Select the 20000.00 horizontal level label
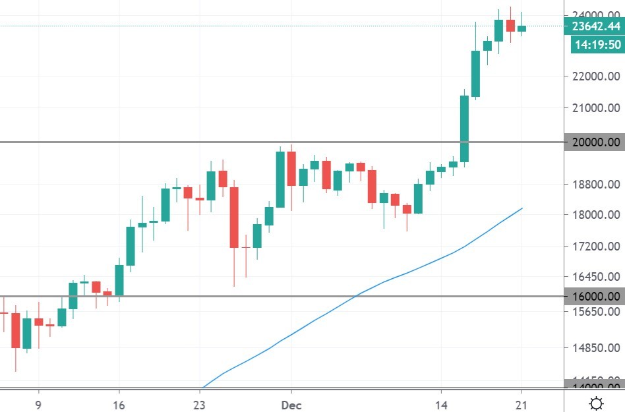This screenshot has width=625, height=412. pyautogui.click(x=594, y=142)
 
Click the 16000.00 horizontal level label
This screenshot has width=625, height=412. pyautogui.click(x=594, y=297)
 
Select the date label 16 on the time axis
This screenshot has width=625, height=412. pyautogui.click(x=119, y=403)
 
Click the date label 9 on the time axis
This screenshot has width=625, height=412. pyautogui.click(x=38, y=403)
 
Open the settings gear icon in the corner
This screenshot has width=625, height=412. pyautogui.click(x=596, y=403)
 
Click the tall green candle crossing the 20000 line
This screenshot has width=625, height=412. pyautogui.click(x=464, y=129)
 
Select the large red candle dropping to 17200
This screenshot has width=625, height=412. pyautogui.click(x=234, y=218)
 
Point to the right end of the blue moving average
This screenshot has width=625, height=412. pyautogui.click(x=522, y=208)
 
